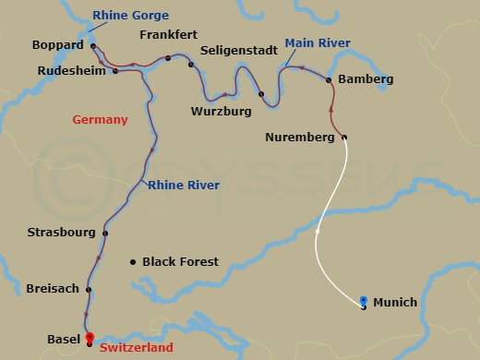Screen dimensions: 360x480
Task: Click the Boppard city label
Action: pyautogui.click(x=58, y=44)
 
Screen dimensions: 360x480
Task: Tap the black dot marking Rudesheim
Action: pyautogui.click(x=115, y=70)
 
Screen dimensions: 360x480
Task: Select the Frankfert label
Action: pyautogui.click(x=169, y=34)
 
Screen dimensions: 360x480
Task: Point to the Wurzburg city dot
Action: pyautogui.click(x=261, y=94)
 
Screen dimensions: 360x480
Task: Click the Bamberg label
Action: pyautogui.click(x=366, y=79)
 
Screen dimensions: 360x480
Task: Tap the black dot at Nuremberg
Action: pyautogui.click(x=344, y=138)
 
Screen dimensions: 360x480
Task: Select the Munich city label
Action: pyautogui.click(x=396, y=303)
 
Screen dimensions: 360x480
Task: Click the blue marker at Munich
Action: pyautogui.click(x=364, y=301)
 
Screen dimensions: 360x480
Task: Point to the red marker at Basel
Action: pyautogui.click(x=89, y=336)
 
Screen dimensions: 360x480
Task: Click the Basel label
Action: pyautogui.click(x=63, y=340)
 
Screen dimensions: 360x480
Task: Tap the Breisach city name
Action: pyautogui.click(x=52, y=288)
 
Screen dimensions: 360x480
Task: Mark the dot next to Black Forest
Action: pyautogui.click(x=132, y=261)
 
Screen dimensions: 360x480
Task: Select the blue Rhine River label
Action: pyautogui.click(x=184, y=186)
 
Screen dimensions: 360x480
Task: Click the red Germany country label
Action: pyautogui.click(x=100, y=120)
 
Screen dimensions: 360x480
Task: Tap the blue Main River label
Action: pyautogui.click(x=317, y=42)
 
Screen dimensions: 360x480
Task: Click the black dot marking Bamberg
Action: pyautogui.click(x=330, y=80)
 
